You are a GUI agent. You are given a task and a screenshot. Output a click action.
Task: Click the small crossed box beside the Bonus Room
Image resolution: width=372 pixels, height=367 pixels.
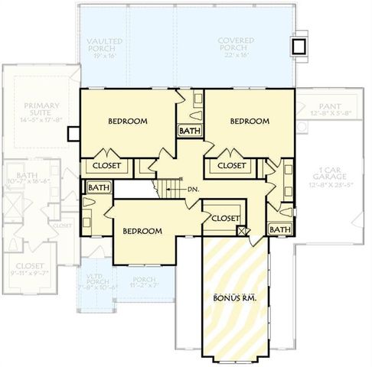tap(243, 229)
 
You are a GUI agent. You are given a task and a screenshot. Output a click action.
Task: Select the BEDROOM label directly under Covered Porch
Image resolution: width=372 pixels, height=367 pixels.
tap(250, 122)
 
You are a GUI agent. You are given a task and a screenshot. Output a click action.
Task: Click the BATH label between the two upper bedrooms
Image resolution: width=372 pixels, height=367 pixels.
tap(189, 131)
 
